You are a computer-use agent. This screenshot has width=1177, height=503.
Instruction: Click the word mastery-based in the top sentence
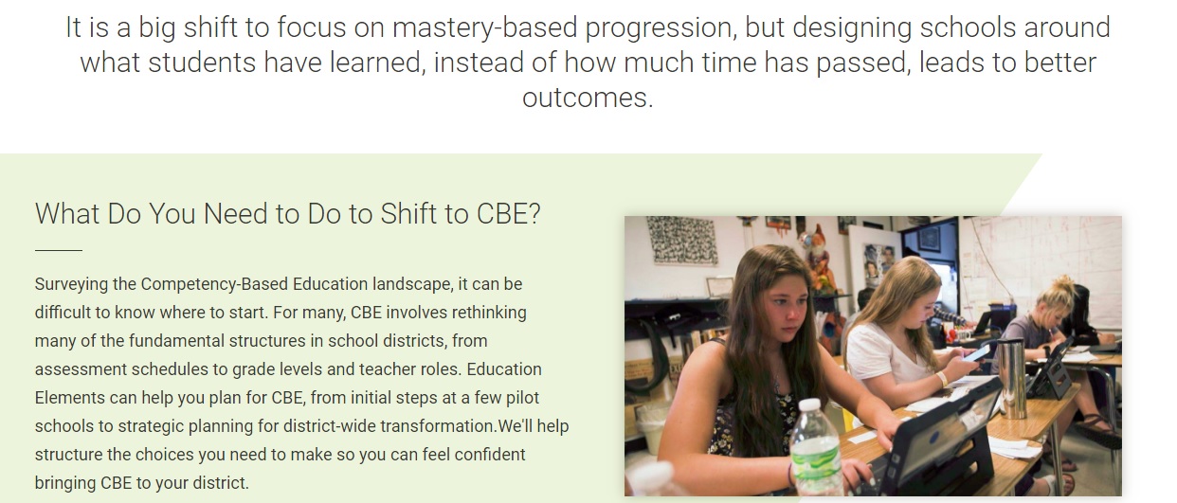(484, 28)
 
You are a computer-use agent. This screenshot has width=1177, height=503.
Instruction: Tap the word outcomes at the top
(588, 98)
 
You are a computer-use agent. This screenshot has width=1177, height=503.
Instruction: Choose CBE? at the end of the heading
(508, 214)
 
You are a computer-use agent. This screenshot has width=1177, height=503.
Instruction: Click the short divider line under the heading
(59, 250)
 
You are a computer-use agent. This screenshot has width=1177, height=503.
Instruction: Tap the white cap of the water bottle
(809, 404)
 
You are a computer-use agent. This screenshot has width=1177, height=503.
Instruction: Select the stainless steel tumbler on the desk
(1011, 378)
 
